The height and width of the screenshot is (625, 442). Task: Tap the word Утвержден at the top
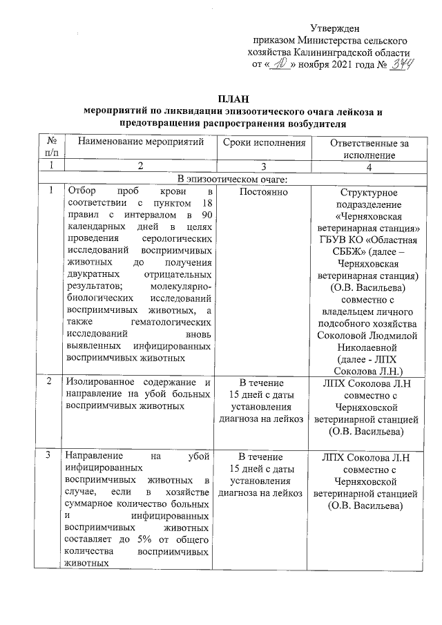tap(334, 28)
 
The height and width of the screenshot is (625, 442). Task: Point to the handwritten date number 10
tap(278, 64)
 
